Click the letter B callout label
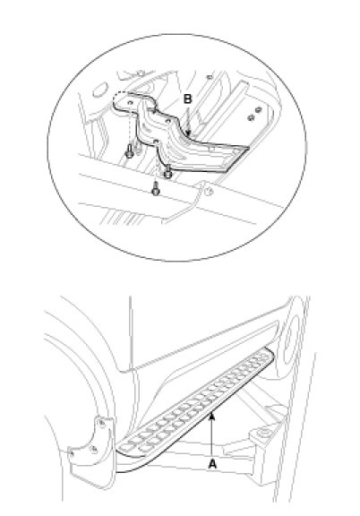click(x=187, y=99)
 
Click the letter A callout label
click(x=212, y=464)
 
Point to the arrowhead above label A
click(x=212, y=416)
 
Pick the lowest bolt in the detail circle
click(x=155, y=189)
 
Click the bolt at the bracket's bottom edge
click(x=168, y=171)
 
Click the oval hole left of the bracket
click(x=99, y=90)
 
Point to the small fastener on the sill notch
click(x=208, y=191)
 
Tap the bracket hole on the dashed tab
click(x=131, y=103)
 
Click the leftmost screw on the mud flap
click(x=73, y=454)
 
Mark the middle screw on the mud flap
click(x=94, y=448)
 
